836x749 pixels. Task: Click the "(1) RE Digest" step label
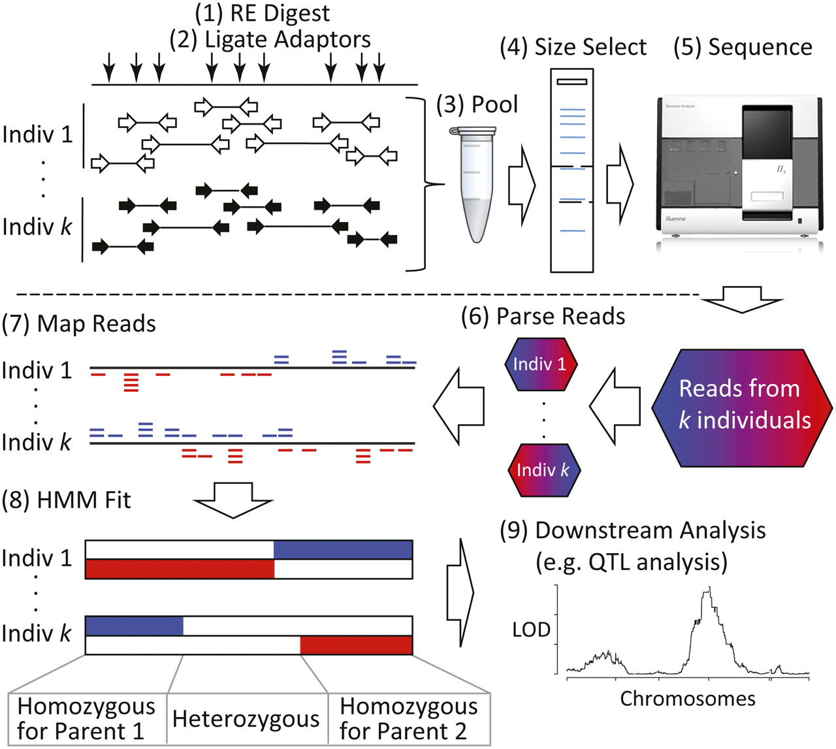pyautogui.click(x=263, y=13)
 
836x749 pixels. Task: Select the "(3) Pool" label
pyautogui.click(x=477, y=104)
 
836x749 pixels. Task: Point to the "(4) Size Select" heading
pyautogui.click(x=573, y=47)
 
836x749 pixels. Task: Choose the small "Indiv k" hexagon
pyautogui.click(x=543, y=470)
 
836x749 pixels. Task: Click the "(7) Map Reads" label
pyautogui.click(x=79, y=324)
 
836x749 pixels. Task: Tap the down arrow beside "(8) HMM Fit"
pyautogui.click(x=233, y=500)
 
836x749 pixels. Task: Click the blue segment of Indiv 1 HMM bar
pyautogui.click(x=343, y=550)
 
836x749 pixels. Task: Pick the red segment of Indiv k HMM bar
pyautogui.click(x=356, y=645)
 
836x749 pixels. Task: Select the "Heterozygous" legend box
pyautogui.click(x=246, y=719)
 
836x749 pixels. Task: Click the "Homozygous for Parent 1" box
pyautogui.click(x=86, y=718)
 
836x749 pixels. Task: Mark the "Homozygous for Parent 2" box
pyautogui.click(x=409, y=718)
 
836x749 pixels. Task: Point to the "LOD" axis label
pyautogui.click(x=531, y=630)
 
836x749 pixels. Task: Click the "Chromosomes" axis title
pyautogui.click(x=687, y=699)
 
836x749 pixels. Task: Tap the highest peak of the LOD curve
pyautogui.click(x=709, y=590)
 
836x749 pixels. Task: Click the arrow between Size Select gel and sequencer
pyautogui.click(x=620, y=185)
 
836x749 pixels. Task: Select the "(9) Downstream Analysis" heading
pyautogui.click(x=632, y=530)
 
